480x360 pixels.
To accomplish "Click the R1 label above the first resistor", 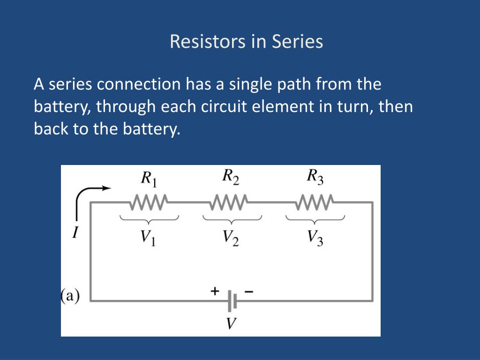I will (x=150, y=178).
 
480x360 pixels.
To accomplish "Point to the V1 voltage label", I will (x=149, y=239).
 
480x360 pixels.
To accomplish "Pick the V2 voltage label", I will (x=231, y=239).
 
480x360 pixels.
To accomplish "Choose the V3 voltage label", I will (x=315, y=239).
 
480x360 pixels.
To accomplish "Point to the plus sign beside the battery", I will (x=215, y=291).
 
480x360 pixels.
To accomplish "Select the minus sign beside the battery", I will (x=249, y=292).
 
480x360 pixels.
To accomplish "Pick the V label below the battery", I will (x=231, y=323).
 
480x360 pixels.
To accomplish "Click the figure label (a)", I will (x=70, y=296).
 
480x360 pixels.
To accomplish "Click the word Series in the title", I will (x=297, y=42).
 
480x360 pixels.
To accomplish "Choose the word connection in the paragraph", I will (x=139, y=84).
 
